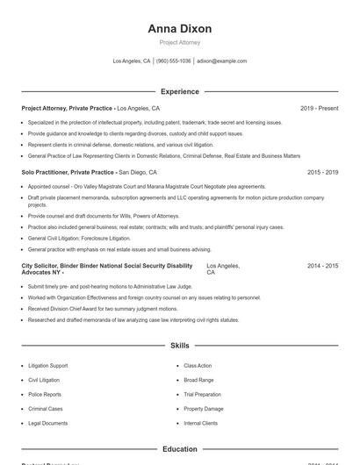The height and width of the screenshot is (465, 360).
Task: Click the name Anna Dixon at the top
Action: point(180,29)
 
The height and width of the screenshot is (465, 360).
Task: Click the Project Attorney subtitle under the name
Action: point(180,42)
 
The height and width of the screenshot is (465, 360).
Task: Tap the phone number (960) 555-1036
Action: point(173,61)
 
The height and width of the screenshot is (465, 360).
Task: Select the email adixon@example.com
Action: point(221,61)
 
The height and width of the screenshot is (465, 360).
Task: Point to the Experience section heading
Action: point(180,91)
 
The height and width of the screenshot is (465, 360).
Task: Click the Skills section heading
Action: point(180,346)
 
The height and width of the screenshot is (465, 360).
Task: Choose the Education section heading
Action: point(180,449)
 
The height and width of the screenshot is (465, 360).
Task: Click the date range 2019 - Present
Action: point(319,108)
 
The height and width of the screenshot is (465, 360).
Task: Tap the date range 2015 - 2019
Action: point(322,173)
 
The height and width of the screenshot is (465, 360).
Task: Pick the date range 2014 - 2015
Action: point(322,265)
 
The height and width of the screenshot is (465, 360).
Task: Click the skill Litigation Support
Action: point(47,365)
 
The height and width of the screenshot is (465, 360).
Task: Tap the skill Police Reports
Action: point(45,394)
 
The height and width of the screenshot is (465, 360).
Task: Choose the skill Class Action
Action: point(198,365)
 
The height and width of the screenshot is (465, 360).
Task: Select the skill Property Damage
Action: point(204,409)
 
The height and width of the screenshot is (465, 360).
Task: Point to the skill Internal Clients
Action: point(201,423)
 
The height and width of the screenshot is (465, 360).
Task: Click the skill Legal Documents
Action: point(47,423)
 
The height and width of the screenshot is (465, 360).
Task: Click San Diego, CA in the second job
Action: point(138,173)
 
